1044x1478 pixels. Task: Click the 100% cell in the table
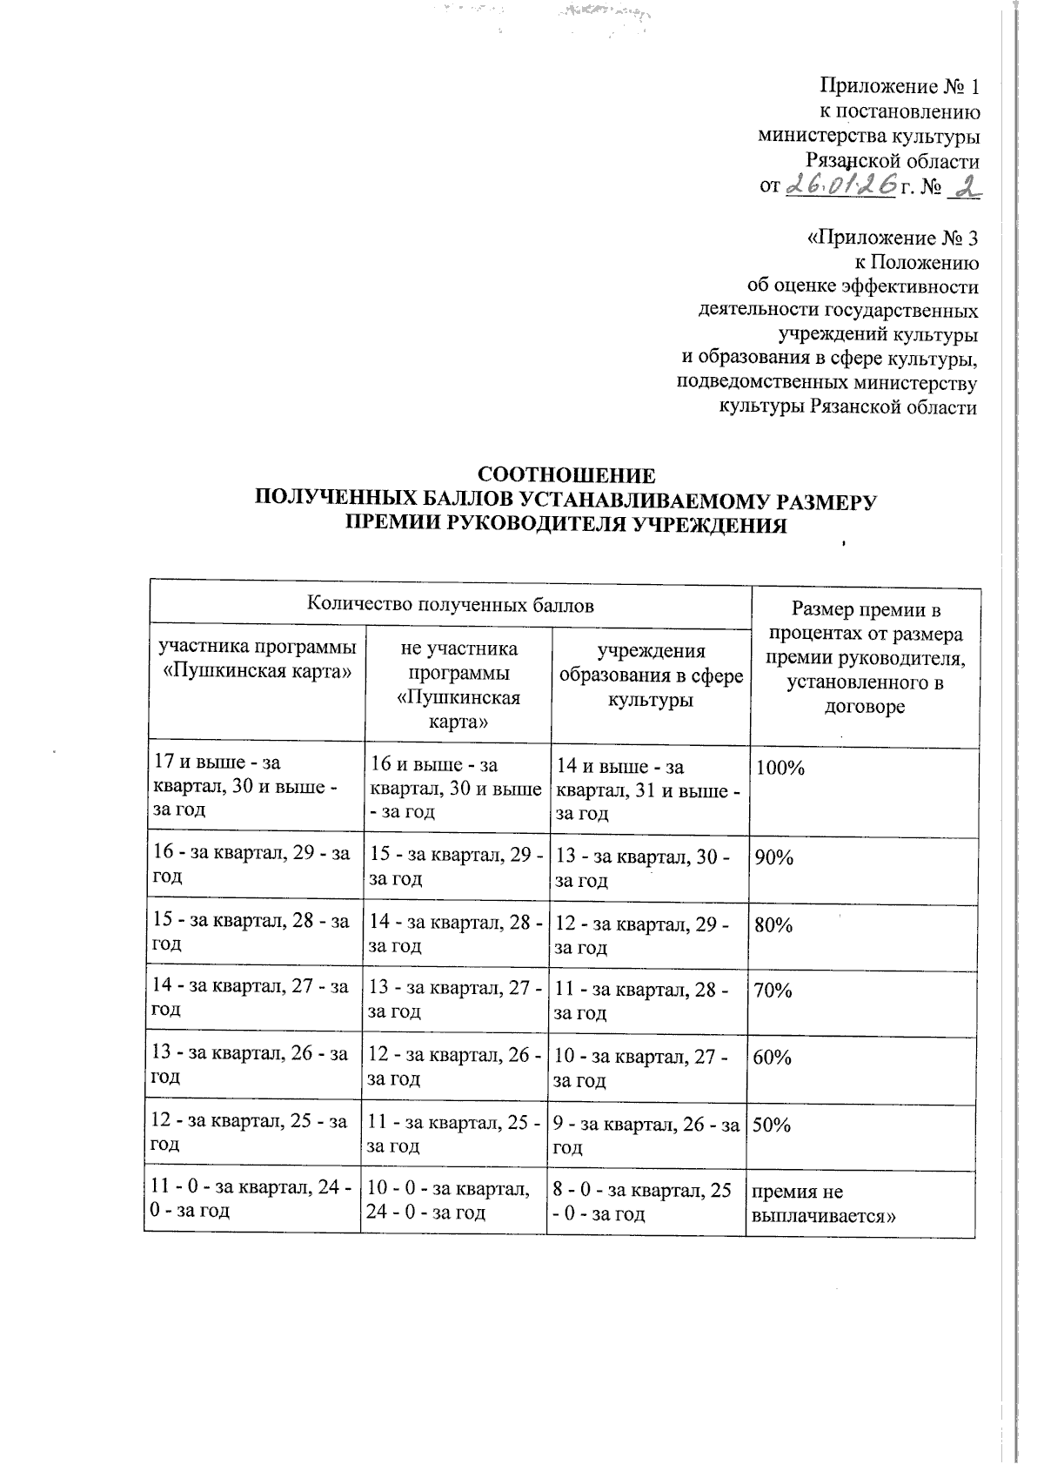pyautogui.click(x=780, y=768)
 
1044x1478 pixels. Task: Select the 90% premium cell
pyautogui.click(x=774, y=857)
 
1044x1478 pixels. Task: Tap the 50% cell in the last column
pyautogui.click(x=772, y=1125)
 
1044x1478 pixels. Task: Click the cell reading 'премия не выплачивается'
pyautogui.click(x=812, y=1204)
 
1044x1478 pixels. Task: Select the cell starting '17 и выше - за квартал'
pyautogui.click(x=246, y=785)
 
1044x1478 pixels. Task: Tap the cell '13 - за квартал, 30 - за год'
pyautogui.click(x=642, y=869)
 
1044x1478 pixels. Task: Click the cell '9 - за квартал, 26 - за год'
pyautogui.click(x=645, y=1136)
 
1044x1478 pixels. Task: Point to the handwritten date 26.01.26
pyautogui.click(x=841, y=184)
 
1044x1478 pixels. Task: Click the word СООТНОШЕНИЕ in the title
pyautogui.click(x=566, y=476)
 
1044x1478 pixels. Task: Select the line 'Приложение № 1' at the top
pyautogui.click(x=900, y=87)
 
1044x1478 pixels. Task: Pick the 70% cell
pyautogui.click(x=773, y=991)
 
